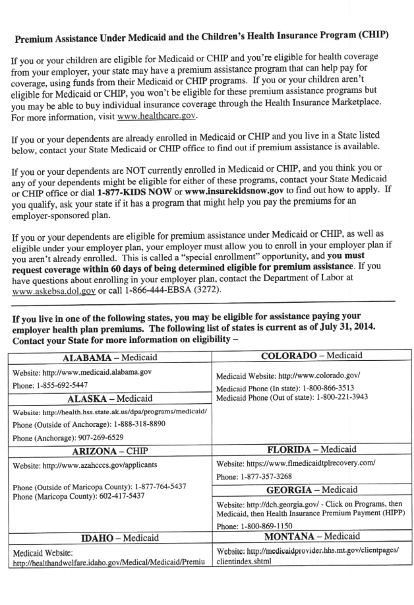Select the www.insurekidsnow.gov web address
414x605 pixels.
coord(235,191)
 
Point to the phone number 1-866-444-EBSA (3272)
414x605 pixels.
coord(166,290)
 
